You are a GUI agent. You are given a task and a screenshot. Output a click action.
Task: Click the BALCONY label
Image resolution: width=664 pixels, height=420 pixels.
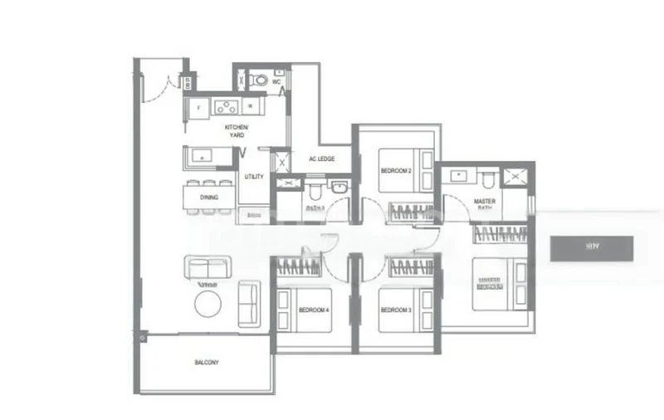(207, 363)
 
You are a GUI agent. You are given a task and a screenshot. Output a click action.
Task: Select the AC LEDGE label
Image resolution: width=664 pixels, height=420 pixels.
(320, 159)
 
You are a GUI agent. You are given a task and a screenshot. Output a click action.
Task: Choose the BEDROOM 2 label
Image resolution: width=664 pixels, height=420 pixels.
(395, 170)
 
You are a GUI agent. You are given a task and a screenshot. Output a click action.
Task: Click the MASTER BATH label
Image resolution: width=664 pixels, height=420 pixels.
(485, 205)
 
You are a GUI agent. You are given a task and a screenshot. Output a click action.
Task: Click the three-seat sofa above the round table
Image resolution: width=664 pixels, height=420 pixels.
(207, 267)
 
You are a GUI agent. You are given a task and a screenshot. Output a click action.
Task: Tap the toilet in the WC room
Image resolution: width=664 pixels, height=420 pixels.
(259, 81)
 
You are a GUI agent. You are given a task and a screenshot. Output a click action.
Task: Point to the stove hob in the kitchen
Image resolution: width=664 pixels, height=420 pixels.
(225, 106)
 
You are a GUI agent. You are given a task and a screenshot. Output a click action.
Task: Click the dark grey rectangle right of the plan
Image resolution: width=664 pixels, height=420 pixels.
(591, 247)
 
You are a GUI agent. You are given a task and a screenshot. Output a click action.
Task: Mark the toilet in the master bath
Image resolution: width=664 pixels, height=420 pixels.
(487, 178)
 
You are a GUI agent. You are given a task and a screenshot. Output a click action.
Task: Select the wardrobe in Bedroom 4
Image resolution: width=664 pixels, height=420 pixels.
(299, 266)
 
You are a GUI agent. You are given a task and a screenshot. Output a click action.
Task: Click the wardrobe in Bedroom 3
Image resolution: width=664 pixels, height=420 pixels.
(411, 266)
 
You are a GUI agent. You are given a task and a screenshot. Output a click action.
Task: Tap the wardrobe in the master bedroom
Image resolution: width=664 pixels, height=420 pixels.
(500, 233)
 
